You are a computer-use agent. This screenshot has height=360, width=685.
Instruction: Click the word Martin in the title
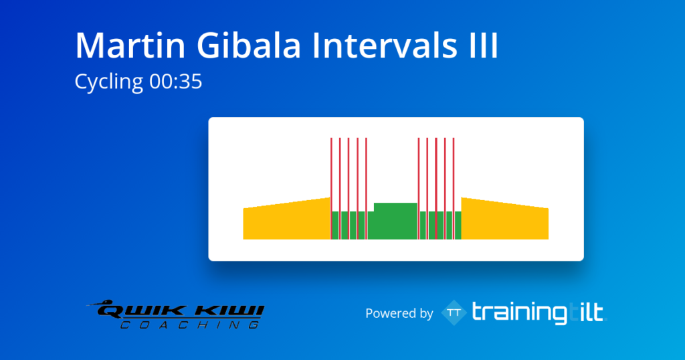pos(130,45)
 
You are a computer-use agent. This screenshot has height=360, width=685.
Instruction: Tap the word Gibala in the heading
pos(249,45)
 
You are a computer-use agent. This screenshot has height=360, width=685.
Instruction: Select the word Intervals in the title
pos(385,45)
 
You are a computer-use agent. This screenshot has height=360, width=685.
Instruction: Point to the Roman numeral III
pos(483,45)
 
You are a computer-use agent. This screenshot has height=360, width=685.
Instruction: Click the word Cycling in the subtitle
pos(109,82)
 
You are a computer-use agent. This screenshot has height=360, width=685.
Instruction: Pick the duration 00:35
pos(176,82)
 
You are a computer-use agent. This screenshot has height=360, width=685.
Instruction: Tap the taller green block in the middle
pos(396,221)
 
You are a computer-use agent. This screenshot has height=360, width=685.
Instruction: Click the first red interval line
pos(331,189)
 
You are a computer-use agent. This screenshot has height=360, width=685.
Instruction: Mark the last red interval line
pos(454,189)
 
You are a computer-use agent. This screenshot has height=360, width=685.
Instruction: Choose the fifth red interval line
pos(366,189)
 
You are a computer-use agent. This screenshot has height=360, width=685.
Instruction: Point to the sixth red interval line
pos(419,189)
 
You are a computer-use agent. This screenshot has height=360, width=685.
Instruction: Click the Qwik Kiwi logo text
pos(180,310)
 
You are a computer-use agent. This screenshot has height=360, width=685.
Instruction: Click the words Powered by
pos(399,313)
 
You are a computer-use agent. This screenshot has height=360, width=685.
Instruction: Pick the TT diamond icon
pos(454,312)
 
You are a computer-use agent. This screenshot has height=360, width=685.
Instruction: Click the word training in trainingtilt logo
pos(520,313)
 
